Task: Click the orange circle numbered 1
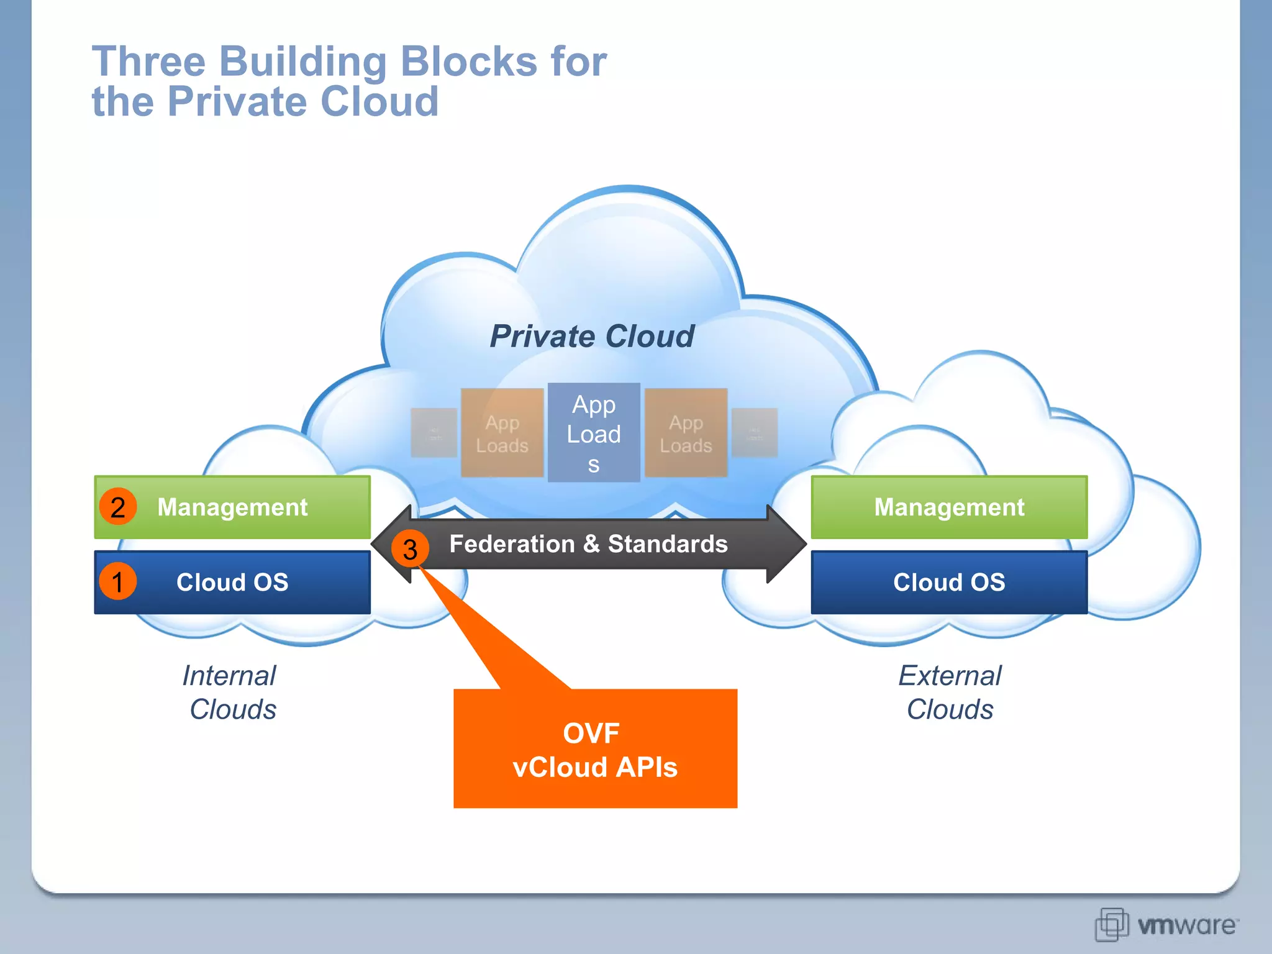point(117,582)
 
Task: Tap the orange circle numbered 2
point(117,507)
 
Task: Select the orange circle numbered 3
point(410,548)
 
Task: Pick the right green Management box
point(948,507)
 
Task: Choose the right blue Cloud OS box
point(948,583)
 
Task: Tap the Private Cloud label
point(591,337)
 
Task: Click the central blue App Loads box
point(594,433)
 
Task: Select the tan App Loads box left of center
point(502,433)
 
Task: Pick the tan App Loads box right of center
point(686,433)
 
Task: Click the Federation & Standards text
point(588,544)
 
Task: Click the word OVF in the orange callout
point(591,734)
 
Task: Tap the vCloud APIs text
point(594,768)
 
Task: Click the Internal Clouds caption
point(230,692)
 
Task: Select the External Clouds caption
point(950,692)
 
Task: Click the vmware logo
point(1166,925)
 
